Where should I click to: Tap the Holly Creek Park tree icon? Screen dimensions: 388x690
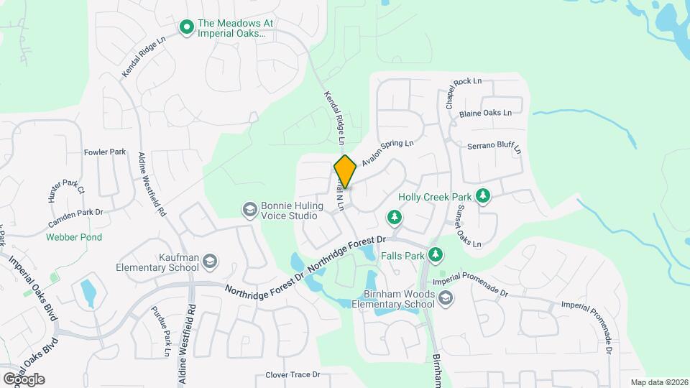pyautogui.click(x=484, y=196)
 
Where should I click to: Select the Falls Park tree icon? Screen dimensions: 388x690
pyautogui.click(x=435, y=254)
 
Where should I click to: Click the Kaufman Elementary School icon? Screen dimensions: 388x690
pyautogui.click(x=209, y=262)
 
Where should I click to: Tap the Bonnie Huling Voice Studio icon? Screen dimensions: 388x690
pyautogui.click(x=250, y=210)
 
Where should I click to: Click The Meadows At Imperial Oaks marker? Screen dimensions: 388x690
pyautogui.click(x=186, y=28)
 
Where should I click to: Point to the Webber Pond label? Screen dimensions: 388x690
pyautogui.click(x=74, y=237)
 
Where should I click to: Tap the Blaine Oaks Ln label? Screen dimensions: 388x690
pyautogui.click(x=485, y=113)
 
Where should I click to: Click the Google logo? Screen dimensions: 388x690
pyautogui.click(x=23, y=379)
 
